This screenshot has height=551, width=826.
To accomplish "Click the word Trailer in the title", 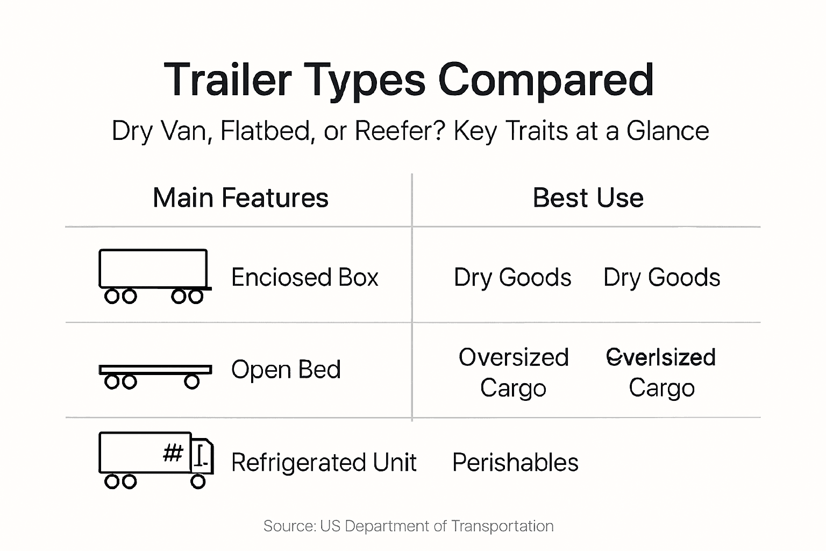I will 227,80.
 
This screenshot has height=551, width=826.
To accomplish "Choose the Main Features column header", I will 240,197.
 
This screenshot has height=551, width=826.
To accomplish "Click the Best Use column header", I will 588,197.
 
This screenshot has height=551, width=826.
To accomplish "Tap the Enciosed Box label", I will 304,278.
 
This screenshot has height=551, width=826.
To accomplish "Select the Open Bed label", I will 286,370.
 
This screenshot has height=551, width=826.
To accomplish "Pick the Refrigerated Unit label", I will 324,463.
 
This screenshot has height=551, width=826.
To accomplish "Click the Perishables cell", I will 515,463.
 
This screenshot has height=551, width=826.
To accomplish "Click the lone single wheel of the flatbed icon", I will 192,382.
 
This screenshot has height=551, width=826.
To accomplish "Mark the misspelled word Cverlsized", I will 661,357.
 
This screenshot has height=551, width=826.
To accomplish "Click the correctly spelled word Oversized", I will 514,357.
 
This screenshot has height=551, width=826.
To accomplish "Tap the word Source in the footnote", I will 288,526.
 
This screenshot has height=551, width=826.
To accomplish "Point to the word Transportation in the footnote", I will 502,526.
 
